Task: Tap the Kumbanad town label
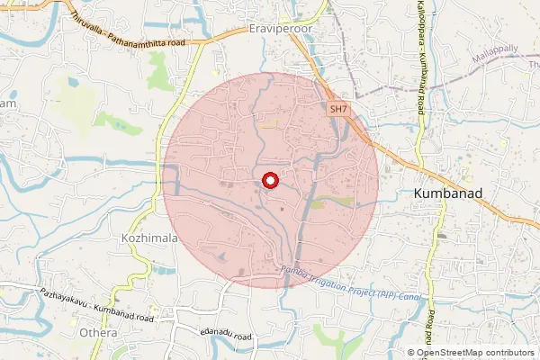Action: click(450, 193)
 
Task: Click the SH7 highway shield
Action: click(337, 108)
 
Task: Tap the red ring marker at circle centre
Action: click(268, 182)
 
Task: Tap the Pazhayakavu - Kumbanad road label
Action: click(96, 305)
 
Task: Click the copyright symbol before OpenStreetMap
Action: click(411, 353)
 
